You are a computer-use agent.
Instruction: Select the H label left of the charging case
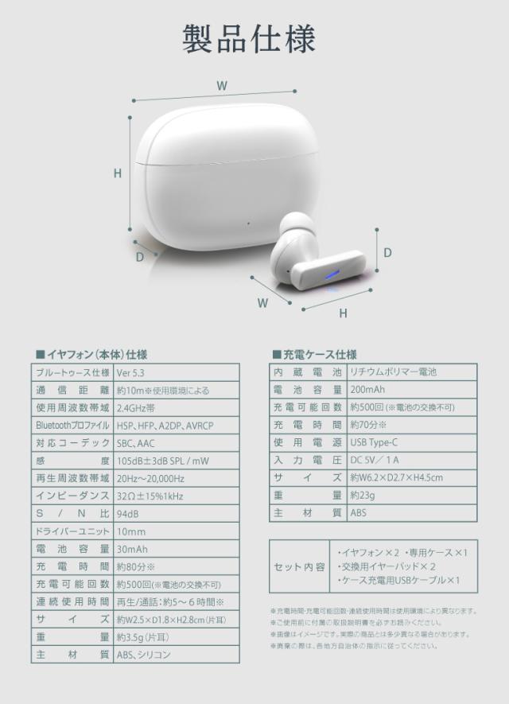(x=118, y=173)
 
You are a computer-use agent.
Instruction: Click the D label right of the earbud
(x=387, y=252)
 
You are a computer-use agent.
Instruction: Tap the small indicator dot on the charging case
(x=249, y=223)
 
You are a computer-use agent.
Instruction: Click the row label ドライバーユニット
(x=72, y=531)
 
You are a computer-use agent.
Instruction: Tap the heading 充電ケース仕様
(x=314, y=355)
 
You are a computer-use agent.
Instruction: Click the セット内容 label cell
(x=299, y=566)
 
